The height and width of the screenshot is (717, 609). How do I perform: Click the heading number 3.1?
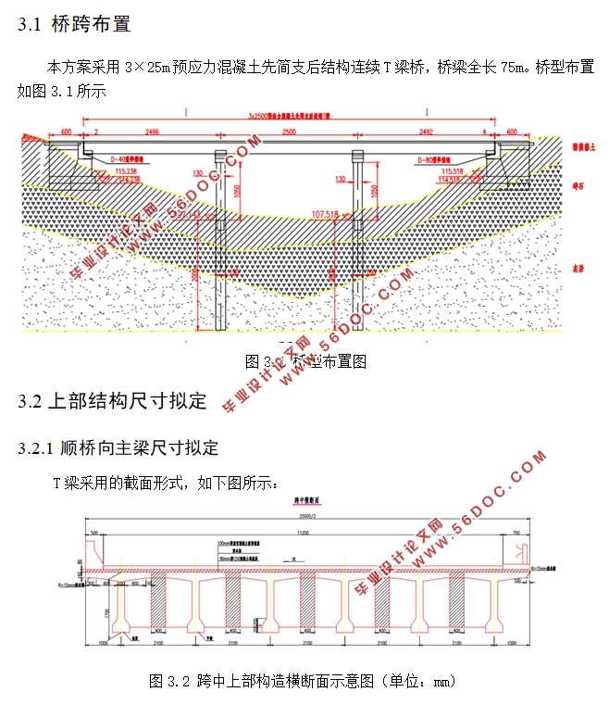pyautogui.click(x=31, y=25)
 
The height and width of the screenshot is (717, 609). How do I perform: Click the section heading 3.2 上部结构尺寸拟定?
pyautogui.click(x=112, y=401)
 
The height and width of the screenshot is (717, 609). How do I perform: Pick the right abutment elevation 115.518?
pyautogui.click(x=454, y=171)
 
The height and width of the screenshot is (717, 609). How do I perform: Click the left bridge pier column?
pyautogui.click(x=219, y=232)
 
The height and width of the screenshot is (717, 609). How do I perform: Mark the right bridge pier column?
pyautogui.click(x=354, y=232)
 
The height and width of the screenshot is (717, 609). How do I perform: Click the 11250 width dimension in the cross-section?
pyautogui.click(x=302, y=534)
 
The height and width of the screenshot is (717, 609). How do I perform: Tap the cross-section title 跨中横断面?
pyautogui.click(x=302, y=500)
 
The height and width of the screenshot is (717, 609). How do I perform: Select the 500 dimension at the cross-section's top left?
pyautogui.click(x=93, y=534)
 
